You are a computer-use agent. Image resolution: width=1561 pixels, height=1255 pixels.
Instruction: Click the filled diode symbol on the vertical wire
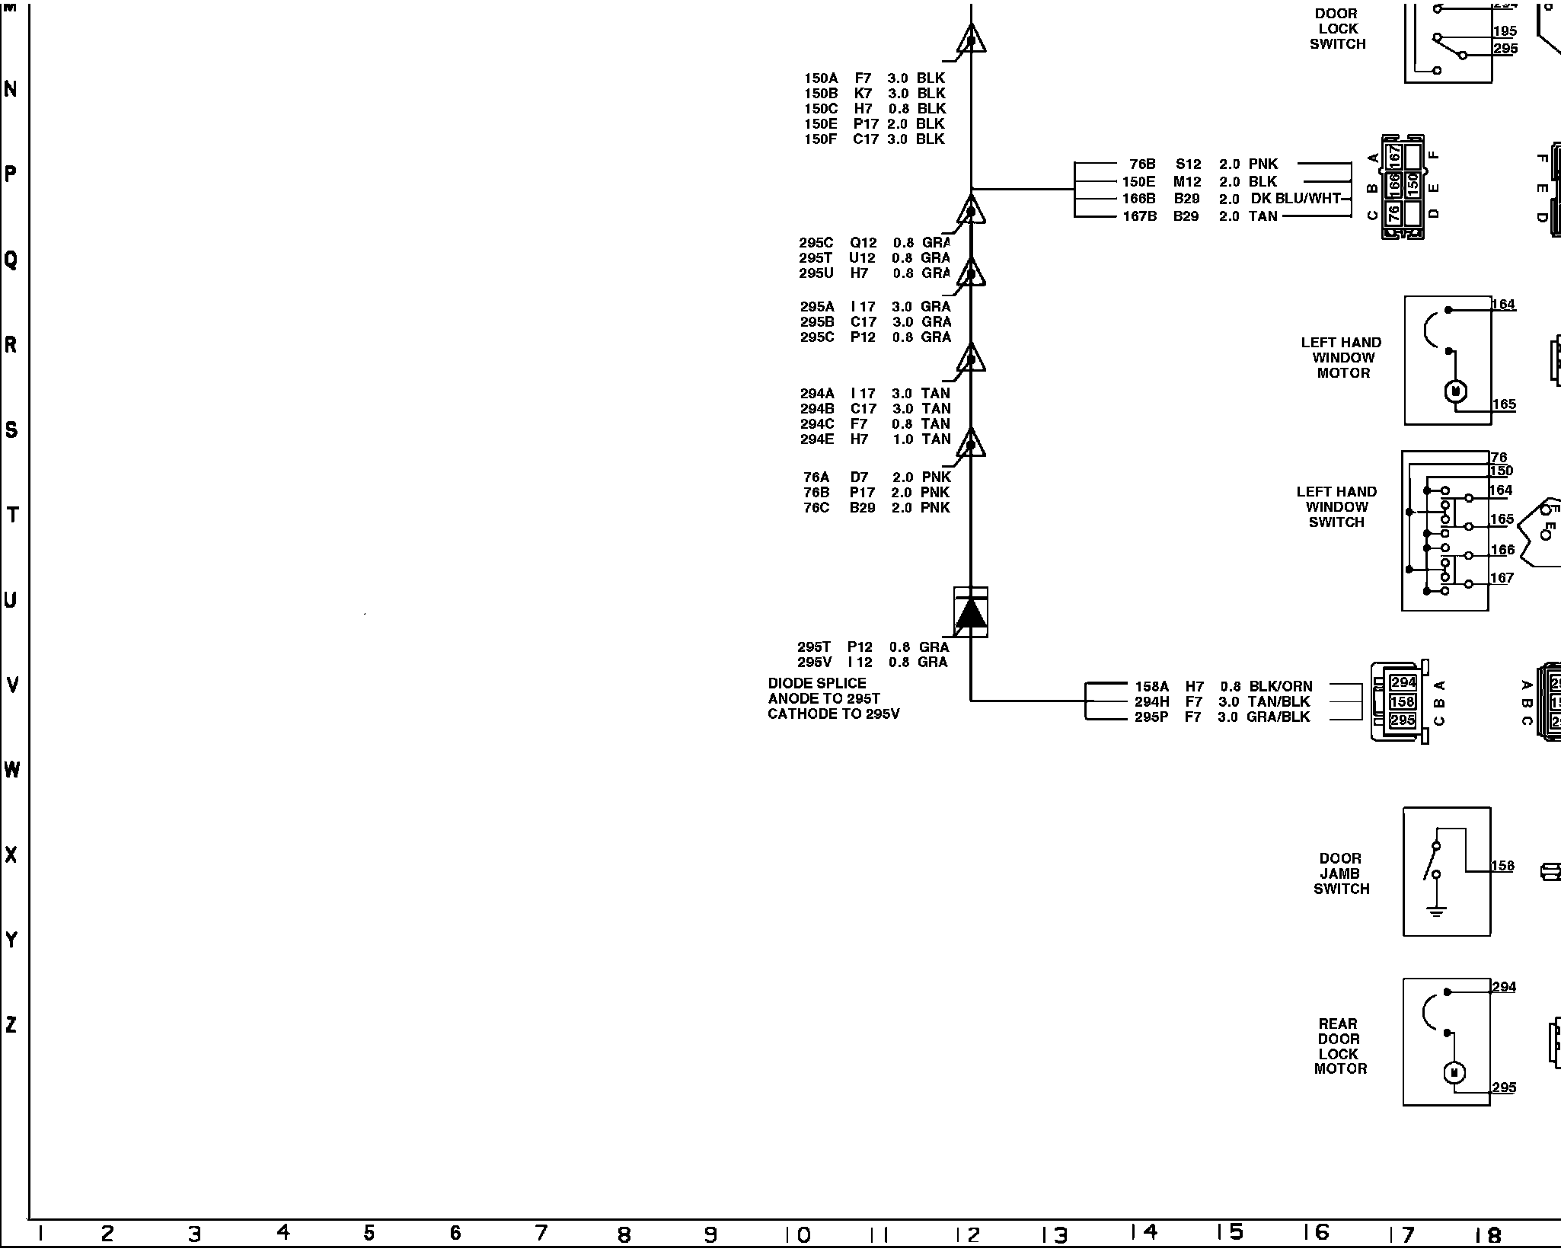pyautogui.click(x=971, y=613)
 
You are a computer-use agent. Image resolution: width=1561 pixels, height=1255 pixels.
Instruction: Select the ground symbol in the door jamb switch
pyautogui.click(x=1436, y=911)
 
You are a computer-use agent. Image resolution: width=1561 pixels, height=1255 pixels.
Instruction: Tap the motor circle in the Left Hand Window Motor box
pyautogui.click(x=1456, y=391)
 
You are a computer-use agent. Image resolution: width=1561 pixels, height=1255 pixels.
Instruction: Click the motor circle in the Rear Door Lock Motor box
pyautogui.click(x=1454, y=1073)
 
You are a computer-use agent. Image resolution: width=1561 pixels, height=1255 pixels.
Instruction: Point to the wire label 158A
pyautogui.click(x=1151, y=687)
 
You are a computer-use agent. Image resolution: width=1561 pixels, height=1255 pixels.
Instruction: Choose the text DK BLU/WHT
pyautogui.click(x=1295, y=199)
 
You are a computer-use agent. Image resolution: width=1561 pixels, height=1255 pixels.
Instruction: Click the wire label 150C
pyautogui.click(x=821, y=109)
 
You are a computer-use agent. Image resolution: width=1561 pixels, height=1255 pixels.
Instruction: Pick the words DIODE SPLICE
pyautogui.click(x=817, y=684)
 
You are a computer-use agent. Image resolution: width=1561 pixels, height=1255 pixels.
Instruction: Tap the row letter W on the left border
pyautogui.click(x=11, y=771)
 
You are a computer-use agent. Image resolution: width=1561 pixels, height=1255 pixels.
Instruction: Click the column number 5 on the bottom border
pyautogui.click(x=369, y=1233)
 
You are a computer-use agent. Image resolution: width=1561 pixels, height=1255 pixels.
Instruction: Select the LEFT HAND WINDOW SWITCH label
pyautogui.click(x=1336, y=507)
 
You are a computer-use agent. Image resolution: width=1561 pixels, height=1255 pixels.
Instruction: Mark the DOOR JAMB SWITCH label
pyautogui.click(x=1340, y=873)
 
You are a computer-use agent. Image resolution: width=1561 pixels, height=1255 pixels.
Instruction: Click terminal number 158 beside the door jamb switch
pyautogui.click(x=1502, y=866)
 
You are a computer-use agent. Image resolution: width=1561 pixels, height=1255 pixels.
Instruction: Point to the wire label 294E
pyautogui.click(x=817, y=439)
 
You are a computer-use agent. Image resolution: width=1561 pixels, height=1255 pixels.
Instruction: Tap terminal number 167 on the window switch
pyautogui.click(x=1502, y=578)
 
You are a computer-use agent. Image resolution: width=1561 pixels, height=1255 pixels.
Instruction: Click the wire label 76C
pyautogui.click(x=816, y=508)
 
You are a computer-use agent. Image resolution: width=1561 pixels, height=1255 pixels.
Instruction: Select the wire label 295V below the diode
pyautogui.click(x=814, y=663)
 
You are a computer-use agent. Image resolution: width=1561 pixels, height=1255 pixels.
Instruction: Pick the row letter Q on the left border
pyautogui.click(x=11, y=260)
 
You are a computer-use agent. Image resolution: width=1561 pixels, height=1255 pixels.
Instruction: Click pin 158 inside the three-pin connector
pyautogui.click(x=1403, y=701)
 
